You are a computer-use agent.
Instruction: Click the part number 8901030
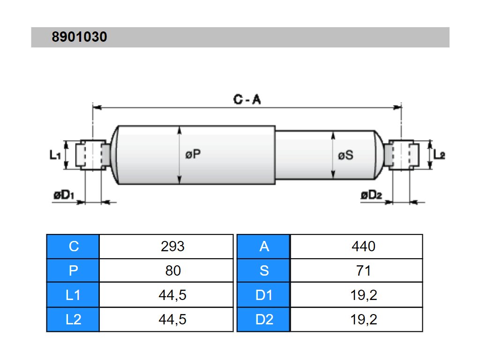tap(79, 37)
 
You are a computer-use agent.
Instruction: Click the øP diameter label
tap(193, 154)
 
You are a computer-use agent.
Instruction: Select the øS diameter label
tap(345, 155)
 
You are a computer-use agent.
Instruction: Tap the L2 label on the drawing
tap(439, 154)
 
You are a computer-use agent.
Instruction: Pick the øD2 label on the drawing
tap(372, 195)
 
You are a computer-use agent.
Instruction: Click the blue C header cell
tap(73, 247)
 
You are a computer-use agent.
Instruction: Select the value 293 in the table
tap(172, 247)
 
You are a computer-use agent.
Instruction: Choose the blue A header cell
tap(264, 247)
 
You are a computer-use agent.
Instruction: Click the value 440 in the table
tap(363, 247)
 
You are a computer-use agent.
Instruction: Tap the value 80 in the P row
tap(172, 271)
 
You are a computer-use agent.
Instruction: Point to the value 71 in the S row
tap(363, 271)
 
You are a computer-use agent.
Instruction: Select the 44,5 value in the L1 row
tap(172, 295)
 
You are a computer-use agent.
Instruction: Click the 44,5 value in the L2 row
tap(172, 320)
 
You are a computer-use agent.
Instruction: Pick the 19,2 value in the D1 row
tap(363, 295)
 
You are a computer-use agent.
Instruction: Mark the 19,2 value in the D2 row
tap(363, 320)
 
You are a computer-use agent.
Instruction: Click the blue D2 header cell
tap(264, 320)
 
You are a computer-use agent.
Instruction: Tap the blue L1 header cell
tap(73, 295)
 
